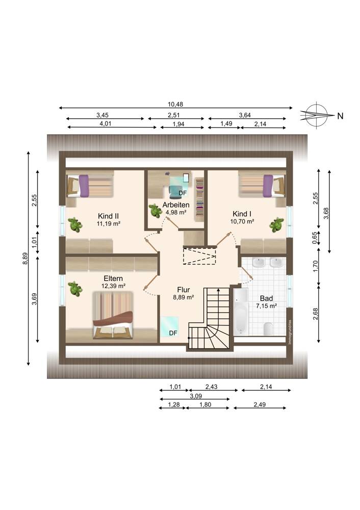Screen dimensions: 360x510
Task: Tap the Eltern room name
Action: click(113, 278)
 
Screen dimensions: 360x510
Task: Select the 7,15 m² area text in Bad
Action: click(266, 305)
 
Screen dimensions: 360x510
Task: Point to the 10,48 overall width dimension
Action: click(175, 105)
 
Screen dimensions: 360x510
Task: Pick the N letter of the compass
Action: click(340, 116)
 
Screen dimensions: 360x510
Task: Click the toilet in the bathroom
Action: click(268, 329)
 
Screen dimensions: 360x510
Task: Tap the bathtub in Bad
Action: click(241, 311)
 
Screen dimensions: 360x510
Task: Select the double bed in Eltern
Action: click(113, 315)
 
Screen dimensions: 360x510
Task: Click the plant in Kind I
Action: click(276, 225)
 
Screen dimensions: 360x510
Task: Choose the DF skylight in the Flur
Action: click(170, 326)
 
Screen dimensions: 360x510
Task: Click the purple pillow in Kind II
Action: click(84, 186)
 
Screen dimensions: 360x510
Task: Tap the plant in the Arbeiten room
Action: click(156, 211)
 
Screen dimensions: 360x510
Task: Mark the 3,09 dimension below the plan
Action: click(196, 396)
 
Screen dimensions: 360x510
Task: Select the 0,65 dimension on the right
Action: click(315, 238)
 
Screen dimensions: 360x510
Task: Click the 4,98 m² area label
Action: click(176, 212)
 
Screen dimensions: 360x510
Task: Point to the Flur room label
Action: click(184, 290)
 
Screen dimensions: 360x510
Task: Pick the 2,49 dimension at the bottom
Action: click(260, 404)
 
